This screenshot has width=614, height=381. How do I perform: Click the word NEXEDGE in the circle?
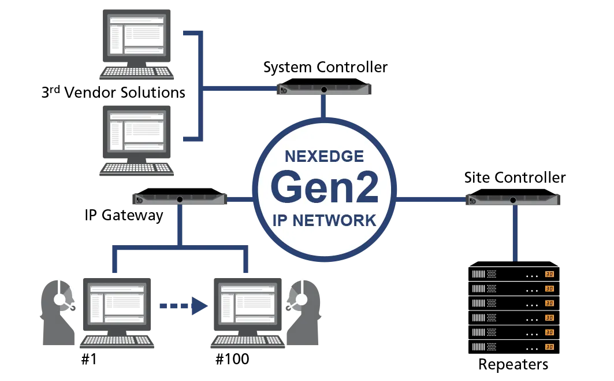tap(324, 157)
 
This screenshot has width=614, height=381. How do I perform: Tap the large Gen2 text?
tap(324, 187)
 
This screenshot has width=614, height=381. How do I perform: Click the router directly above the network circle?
tap(324, 90)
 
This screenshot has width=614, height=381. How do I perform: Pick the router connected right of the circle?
tap(513, 200)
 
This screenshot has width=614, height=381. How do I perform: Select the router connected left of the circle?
tap(180, 199)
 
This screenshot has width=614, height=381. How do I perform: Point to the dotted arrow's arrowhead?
tap(199, 306)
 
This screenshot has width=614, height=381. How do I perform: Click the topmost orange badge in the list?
tap(549, 275)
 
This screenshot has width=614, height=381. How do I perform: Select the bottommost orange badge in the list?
tap(549, 347)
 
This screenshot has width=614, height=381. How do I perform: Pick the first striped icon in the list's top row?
tap(478, 275)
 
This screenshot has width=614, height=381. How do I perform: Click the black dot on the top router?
tap(324, 89)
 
